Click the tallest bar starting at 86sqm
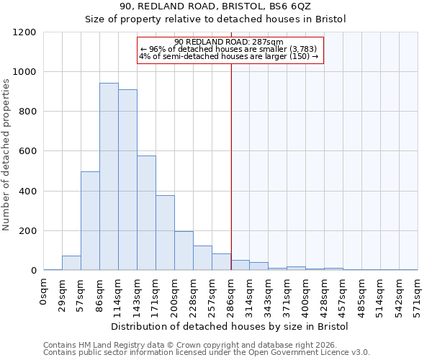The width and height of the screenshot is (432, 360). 109,177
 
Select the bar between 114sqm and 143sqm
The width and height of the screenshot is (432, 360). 127,180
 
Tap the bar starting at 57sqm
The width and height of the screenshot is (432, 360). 90,221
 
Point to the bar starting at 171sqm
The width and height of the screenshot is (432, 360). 165,233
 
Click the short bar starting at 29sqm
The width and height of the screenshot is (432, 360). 71,263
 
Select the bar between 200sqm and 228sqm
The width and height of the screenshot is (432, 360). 184,251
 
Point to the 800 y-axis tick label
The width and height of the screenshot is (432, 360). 27,112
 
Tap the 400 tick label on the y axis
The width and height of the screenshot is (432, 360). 27,192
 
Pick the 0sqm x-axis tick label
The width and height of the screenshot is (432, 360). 43,292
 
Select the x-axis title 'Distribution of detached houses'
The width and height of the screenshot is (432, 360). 230,327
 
